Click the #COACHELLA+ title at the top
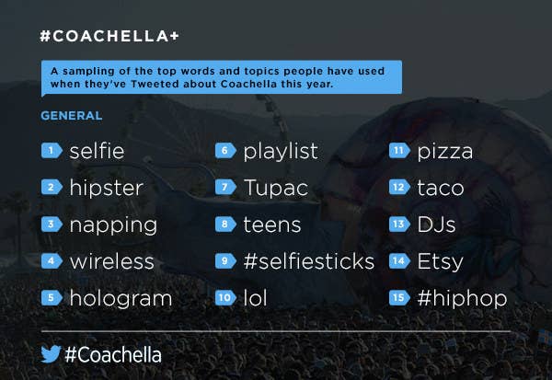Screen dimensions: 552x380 [109, 36]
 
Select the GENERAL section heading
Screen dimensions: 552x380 [72, 116]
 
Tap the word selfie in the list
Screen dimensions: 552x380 [97, 151]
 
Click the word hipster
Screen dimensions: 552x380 [107, 188]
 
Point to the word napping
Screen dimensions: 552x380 [113, 225]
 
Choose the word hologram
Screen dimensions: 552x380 [121, 299]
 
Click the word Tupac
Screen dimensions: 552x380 [276, 188]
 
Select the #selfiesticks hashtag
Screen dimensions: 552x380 [309, 261]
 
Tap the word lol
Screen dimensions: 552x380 [255, 298]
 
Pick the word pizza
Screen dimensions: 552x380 [445, 152]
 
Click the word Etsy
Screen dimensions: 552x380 [440, 262]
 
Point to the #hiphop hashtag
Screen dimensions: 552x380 [462, 299]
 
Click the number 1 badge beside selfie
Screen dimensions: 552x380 [52, 151]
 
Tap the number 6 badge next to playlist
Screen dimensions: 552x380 [225, 151]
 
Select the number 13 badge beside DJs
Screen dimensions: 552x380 [399, 225]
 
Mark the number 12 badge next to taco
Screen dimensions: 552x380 [399, 187]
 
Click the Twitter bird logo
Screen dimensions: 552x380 [51, 354]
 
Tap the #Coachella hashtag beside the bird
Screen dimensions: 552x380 [113, 354]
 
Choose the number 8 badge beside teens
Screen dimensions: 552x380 [225, 225]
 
